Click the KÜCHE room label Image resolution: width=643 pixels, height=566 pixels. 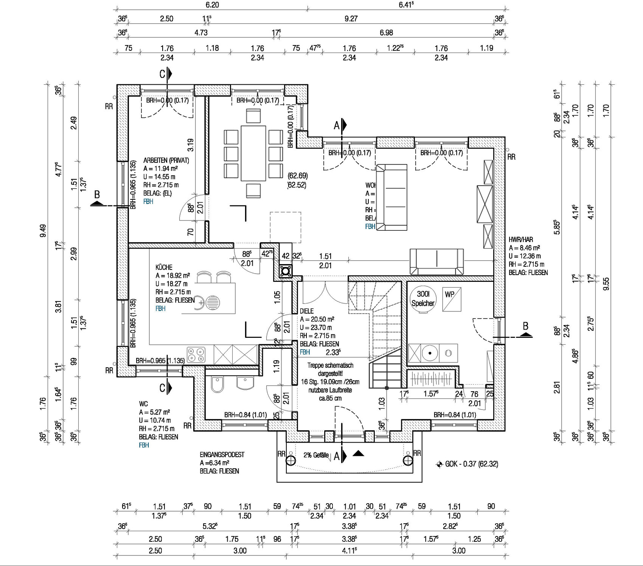coord(164,267)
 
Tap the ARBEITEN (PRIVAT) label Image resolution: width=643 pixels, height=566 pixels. coord(166,160)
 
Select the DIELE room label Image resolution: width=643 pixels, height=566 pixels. coord(307,311)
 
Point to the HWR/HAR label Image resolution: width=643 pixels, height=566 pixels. coord(521,239)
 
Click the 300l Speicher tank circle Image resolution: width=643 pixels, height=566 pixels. coord(423,299)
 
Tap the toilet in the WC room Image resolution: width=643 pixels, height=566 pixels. coord(217,385)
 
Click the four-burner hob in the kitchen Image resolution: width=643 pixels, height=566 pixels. coord(196,355)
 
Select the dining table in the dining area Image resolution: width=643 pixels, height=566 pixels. coord(253,153)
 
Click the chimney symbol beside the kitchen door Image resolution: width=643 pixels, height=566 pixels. coord(286,271)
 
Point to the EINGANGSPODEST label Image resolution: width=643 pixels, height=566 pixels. coord(222,454)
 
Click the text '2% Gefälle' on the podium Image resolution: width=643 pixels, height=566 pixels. coord(316,455)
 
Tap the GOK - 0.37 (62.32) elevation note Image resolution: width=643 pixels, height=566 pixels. coord(471,464)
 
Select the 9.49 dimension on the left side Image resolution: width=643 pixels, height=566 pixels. coord(43,231)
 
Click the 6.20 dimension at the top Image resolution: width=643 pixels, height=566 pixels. coord(212,5)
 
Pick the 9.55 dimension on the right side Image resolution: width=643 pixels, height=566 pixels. coord(606,284)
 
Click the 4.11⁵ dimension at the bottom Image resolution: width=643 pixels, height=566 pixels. coord(349,550)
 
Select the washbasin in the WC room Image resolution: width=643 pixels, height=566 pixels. coord(245,383)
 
